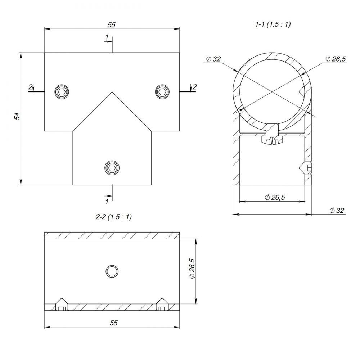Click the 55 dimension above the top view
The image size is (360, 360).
point(111,25)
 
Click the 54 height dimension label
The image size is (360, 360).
point(17,116)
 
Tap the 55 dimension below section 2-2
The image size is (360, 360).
point(114,323)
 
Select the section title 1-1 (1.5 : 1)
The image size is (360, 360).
point(273,24)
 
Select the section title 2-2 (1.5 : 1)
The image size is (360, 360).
point(114,216)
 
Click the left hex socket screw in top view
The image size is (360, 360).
point(62,92)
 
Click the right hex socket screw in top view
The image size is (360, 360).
point(162,91)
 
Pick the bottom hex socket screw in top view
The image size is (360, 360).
point(112,167)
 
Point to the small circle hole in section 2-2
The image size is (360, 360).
point(112,271)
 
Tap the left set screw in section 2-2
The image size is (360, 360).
point(62,305)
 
